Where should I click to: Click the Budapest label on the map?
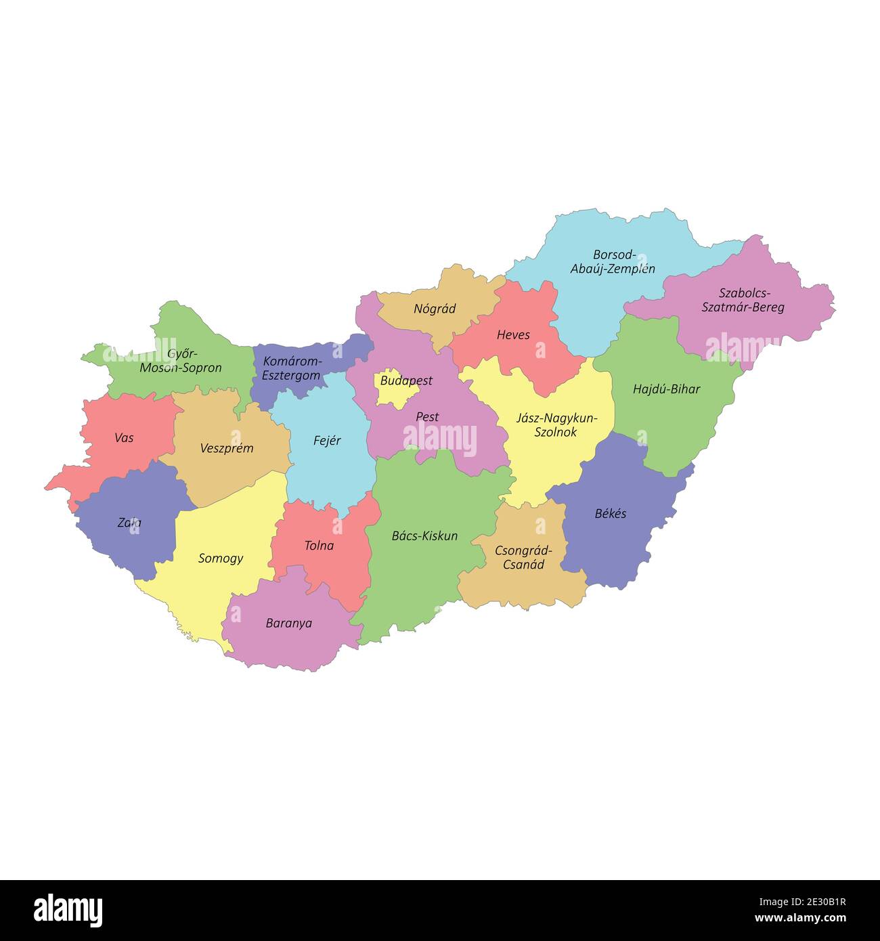(405, 380)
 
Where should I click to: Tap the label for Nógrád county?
(435, 309)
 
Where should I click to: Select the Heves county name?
(513, 334)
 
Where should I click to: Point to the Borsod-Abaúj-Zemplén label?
(613, 262)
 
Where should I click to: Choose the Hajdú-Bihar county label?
(666, 389)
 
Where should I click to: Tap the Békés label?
(610, 513)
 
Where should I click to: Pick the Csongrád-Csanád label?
(523, 557)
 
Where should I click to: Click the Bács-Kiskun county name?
(424, 536)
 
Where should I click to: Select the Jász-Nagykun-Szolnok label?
(556, 425)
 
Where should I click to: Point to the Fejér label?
(327, 441)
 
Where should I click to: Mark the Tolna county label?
(319, 546)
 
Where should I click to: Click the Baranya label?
(289, 623)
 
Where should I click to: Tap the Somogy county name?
(221, 559)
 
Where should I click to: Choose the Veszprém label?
(227, 448)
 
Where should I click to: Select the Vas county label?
(124, 438)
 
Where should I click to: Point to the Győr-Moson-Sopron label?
(181, 362)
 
